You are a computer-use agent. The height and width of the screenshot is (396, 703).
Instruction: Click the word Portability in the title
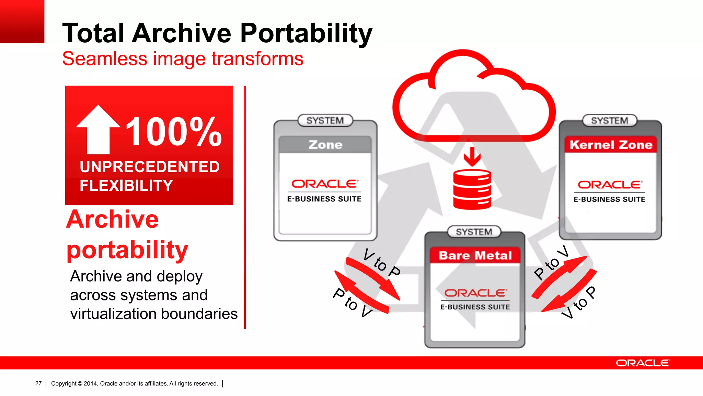pos(306,33)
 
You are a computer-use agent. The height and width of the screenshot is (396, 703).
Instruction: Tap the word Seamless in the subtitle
pos(105,59)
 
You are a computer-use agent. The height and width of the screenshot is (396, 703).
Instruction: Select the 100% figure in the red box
pos(174,132)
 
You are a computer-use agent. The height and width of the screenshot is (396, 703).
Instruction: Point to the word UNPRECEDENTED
pos(150,167)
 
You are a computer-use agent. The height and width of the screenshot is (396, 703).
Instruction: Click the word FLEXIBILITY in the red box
pos(126,186)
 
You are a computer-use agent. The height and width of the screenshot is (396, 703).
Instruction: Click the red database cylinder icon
pos(472,189)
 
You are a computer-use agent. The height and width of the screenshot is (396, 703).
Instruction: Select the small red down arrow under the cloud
pos(472,157)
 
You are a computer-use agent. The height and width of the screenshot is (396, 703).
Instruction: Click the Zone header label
pos(325,145)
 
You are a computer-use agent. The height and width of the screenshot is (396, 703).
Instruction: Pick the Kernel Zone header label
pos(611,145)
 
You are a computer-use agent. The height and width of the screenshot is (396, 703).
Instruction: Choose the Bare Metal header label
pos(475,255)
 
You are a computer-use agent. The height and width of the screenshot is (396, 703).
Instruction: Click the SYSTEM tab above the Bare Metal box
pos(474,232)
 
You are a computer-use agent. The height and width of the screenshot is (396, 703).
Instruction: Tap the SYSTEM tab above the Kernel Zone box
pos(610,121)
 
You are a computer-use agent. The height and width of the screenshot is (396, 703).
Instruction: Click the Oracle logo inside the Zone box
pos(325,184)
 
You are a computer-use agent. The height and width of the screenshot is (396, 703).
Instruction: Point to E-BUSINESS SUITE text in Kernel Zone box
pos(609,199)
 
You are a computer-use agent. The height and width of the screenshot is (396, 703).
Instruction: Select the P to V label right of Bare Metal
pos(551,263)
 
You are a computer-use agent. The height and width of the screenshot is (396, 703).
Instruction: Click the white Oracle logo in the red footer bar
pos(642,363)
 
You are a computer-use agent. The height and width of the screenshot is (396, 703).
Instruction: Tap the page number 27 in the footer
pos(38,383)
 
